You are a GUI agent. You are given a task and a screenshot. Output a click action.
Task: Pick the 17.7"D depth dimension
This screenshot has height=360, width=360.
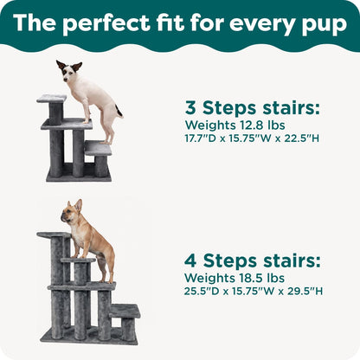(x=203, y=138)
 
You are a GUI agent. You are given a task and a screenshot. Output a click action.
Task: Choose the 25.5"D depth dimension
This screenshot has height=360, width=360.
(x=204, y=291)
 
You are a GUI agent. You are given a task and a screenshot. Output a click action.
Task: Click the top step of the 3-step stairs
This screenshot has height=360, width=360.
(x=52, y=99)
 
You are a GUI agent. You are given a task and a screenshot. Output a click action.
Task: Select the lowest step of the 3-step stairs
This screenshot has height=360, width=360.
(x=98, y=149)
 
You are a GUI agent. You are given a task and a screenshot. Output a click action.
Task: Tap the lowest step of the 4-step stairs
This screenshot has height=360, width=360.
(x=125, y=311)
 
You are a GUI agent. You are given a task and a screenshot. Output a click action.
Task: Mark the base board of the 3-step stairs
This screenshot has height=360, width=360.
(x=79, y=177)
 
